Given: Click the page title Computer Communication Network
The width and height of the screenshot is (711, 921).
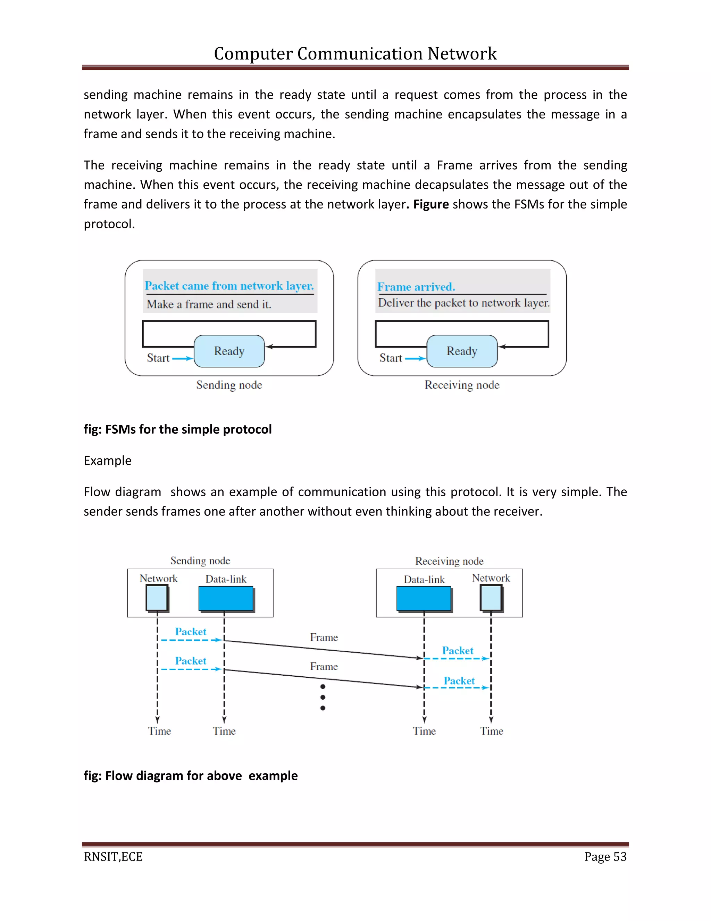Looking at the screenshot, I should (x=355, y=54).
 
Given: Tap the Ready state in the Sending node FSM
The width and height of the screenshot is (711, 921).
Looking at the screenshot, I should (x=229, y=351).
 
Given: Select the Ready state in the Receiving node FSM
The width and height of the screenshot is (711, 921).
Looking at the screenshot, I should (x=462, y=351).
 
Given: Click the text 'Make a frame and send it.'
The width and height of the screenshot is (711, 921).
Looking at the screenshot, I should (x=209, y=304).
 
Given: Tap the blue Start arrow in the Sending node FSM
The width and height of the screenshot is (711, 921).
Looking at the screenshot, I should (x=182, y=358).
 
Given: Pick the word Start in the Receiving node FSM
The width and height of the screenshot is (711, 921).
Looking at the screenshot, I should (x=391, y=358).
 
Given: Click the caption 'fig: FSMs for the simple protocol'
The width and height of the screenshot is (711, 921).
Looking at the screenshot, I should (x=177, y=429).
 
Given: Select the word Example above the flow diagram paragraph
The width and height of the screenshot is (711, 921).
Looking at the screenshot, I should (x=107, y=461).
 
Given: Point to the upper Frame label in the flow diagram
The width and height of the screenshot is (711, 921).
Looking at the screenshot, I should (x=324, y=637).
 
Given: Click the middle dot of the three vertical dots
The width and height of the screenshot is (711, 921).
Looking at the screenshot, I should (x=323, y=698).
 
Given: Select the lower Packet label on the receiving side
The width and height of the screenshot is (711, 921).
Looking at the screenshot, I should (x=459, y=680).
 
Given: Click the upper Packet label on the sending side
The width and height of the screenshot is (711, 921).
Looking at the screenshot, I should (x=190, y=632).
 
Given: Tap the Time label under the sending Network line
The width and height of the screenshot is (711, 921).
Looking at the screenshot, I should (x=159, y=731).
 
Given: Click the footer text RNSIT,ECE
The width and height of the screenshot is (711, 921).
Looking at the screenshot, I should (x=113, y=857).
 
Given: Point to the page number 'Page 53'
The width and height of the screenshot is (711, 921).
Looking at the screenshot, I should (x=605, y=857).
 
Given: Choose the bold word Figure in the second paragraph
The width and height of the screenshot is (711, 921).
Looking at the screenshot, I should (x=431, y=204).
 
